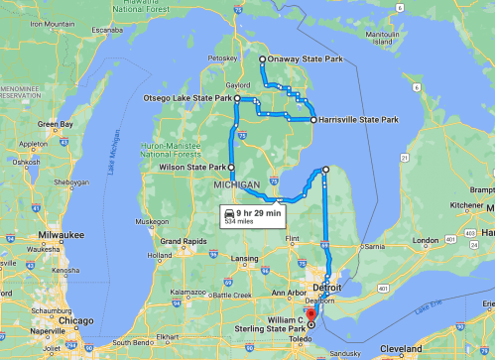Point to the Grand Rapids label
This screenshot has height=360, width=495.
(185, 241)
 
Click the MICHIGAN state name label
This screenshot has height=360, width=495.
(237, 185)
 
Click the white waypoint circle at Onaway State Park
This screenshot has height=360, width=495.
(262, 60)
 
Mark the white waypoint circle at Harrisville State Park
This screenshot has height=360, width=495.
(313, 120)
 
